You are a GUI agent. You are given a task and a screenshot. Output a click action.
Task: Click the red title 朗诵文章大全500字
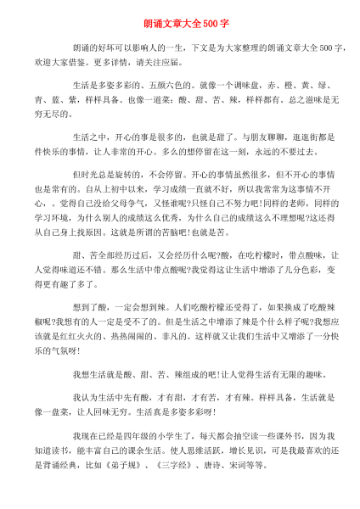tap(180, 20)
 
